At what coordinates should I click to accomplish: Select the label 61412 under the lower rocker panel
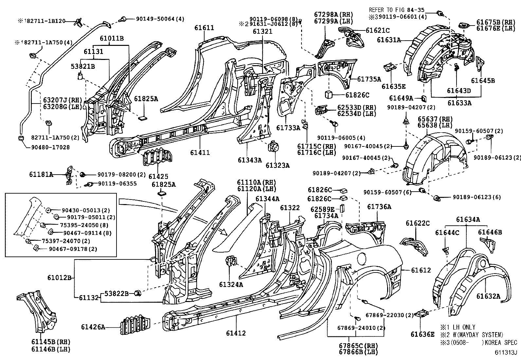235,333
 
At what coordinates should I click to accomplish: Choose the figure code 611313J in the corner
505,352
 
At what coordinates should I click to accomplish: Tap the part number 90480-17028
50,147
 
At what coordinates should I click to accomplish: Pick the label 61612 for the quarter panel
421,270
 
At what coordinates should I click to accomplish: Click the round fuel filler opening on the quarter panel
362,259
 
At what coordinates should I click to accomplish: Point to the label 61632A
488,296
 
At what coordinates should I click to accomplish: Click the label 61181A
41,175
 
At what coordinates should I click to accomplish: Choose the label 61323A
278,165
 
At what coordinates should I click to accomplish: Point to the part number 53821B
83,66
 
